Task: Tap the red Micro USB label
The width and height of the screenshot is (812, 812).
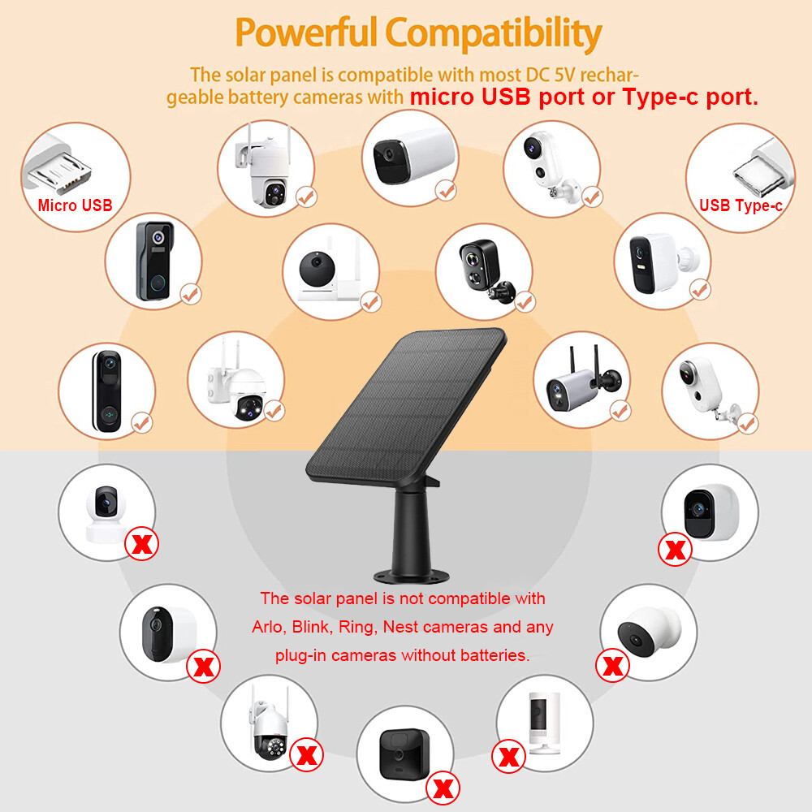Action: (x=75, y=205)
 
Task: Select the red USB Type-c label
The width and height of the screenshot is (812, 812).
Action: (x=741, y=206)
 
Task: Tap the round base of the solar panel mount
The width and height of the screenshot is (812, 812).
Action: (x=412, y=575)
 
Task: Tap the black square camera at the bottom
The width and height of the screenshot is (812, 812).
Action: (x=404, y=749)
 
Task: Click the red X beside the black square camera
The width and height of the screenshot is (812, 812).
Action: (x=443, y=787)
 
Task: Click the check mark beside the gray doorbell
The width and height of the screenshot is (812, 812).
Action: (x=191, y=294)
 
